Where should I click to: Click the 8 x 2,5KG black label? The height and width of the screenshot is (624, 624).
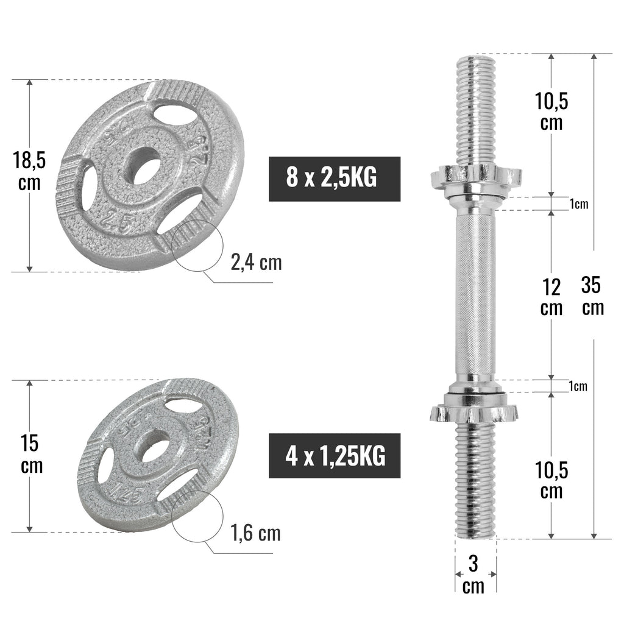point(335,179)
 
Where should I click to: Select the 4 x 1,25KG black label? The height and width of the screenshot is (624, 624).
point(335,455)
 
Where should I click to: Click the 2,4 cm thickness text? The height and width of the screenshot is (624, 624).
point(256,263)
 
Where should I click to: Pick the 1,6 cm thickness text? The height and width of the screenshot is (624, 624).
point(256,533)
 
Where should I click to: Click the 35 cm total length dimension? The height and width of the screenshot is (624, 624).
point(592,296)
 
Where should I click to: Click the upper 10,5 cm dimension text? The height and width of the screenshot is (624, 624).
point(551,111)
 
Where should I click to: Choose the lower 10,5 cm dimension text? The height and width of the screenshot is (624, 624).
point(551,480)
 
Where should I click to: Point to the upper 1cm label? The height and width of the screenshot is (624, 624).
point(579,204)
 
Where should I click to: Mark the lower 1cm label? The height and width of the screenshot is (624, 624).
point(578,386)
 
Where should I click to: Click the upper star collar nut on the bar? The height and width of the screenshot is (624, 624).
point(475,176)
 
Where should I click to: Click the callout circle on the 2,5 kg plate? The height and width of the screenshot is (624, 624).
point(195,246)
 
